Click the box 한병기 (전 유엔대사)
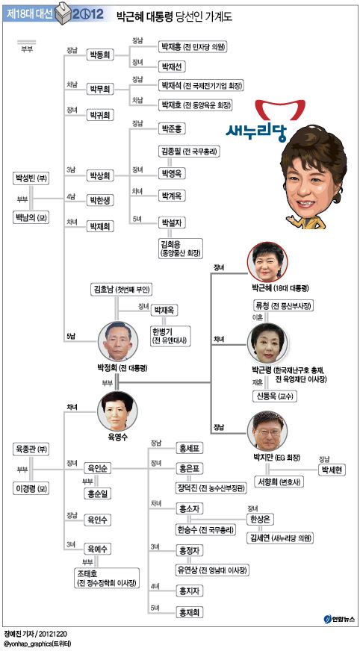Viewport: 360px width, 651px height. click(171, 334)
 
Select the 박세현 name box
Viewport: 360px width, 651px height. click(332, 470)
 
